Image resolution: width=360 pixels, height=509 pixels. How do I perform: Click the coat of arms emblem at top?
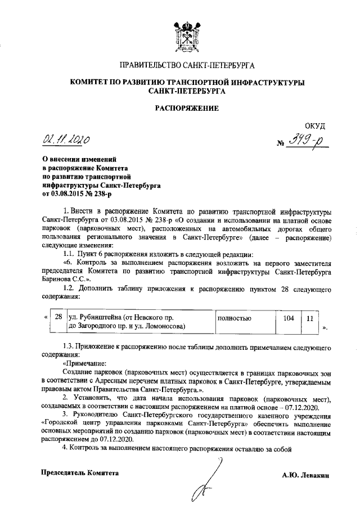coord(186,32)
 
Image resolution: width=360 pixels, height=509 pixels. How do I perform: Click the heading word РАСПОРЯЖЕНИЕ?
coord(186,107)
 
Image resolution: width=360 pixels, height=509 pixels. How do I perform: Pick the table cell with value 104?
coord(289,318)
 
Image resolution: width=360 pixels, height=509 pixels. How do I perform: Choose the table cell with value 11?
coord(309,318)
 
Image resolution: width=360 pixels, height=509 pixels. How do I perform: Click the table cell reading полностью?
coord(235,318)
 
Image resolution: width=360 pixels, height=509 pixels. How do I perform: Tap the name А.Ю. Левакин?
coord(305,475)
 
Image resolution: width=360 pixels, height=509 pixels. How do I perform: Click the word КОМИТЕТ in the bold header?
coord(92,82)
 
